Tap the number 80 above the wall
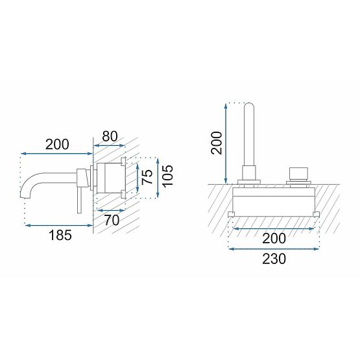tap(110, 137)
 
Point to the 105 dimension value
tap(168, 175)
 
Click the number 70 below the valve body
tap(113, 221)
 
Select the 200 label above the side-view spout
tap(58, 144)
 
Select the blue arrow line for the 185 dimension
tap(58, 224)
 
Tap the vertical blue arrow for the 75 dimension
tap(138, 176)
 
